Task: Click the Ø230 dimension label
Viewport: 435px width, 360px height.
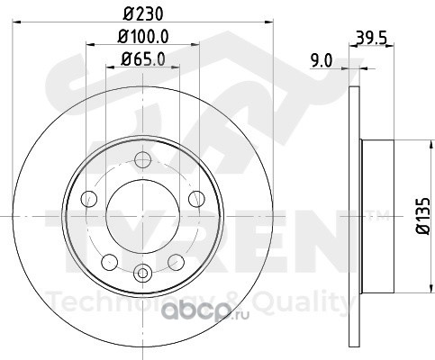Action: tap(143, 13)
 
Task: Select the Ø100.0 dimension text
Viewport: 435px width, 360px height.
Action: tap(143, 36)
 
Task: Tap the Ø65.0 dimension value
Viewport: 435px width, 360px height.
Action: tap(143, 58)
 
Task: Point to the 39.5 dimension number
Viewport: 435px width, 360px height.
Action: tap(371, 38)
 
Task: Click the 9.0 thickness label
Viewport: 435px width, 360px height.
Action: tap(322, 61)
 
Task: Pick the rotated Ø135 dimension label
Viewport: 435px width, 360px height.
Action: tap(423, 216)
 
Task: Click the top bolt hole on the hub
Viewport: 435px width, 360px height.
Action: tap(142, 160)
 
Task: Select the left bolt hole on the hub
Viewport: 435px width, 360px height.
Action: tap(89, 199)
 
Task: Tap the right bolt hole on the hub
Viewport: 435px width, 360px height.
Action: tap(196, 199)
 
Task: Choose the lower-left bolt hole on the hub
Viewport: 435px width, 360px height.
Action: tap(110, 262)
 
